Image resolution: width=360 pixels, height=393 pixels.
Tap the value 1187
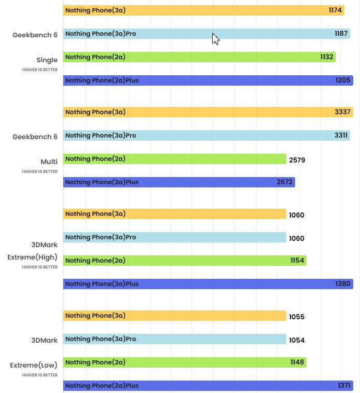tap(341, 34)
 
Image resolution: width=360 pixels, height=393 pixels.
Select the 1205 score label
tap(343, 80)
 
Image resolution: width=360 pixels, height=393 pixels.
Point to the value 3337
tap(343, 112)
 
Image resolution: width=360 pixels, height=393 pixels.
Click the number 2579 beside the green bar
tap(297, 160)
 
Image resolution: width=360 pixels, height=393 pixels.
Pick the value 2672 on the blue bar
tap(285, 182)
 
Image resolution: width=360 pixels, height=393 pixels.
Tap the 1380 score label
tap(343, 284)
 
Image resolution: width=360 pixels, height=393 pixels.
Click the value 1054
tap(297, 340)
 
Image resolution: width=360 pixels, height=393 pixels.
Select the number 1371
tap(344, 386)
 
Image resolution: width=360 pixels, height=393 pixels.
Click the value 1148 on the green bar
tap(297, 362)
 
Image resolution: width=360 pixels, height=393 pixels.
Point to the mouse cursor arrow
tap(215, 39)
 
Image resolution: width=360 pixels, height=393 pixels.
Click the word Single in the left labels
tap(47, 60)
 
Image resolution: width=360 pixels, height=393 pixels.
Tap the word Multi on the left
tap(49, 161)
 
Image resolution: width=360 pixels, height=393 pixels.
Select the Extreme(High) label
tap(32, 257)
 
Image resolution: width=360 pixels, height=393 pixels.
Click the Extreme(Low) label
tap(34, 365)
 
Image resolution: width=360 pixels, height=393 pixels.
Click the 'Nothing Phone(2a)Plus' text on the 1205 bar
tap(102, 80)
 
